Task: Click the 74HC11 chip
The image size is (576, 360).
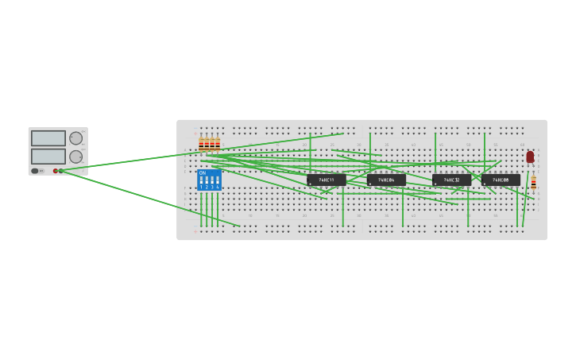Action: coord(327,180)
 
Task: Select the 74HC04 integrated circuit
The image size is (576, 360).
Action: coord(386,180)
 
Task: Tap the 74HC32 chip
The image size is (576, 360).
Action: coord(451,180)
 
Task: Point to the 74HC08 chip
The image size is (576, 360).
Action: coord(501,180)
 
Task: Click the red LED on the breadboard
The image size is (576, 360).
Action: coord(530,157)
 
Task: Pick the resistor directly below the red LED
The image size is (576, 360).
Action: coord(533,183)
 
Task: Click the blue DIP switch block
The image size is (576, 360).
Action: coord(209,180)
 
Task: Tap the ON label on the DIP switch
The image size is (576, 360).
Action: coord(202,172)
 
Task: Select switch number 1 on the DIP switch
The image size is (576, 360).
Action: coord(201,180)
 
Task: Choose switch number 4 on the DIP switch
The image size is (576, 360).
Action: coord(217,180)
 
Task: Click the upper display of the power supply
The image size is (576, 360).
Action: coord(48,138)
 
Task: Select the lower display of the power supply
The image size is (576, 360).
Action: coord(48,156)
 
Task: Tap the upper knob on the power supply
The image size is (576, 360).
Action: coord(76,138)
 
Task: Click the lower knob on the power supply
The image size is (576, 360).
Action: coord(76,157)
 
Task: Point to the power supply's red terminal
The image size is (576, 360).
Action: coord(56,171)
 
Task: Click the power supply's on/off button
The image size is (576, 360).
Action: coord(35,171)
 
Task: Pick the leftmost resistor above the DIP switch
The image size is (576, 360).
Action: coord(201,145)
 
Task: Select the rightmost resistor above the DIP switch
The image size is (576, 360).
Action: coord(218,145)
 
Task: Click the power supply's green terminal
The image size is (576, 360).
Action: coord(60,171)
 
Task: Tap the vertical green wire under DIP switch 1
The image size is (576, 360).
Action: coord(201,208)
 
